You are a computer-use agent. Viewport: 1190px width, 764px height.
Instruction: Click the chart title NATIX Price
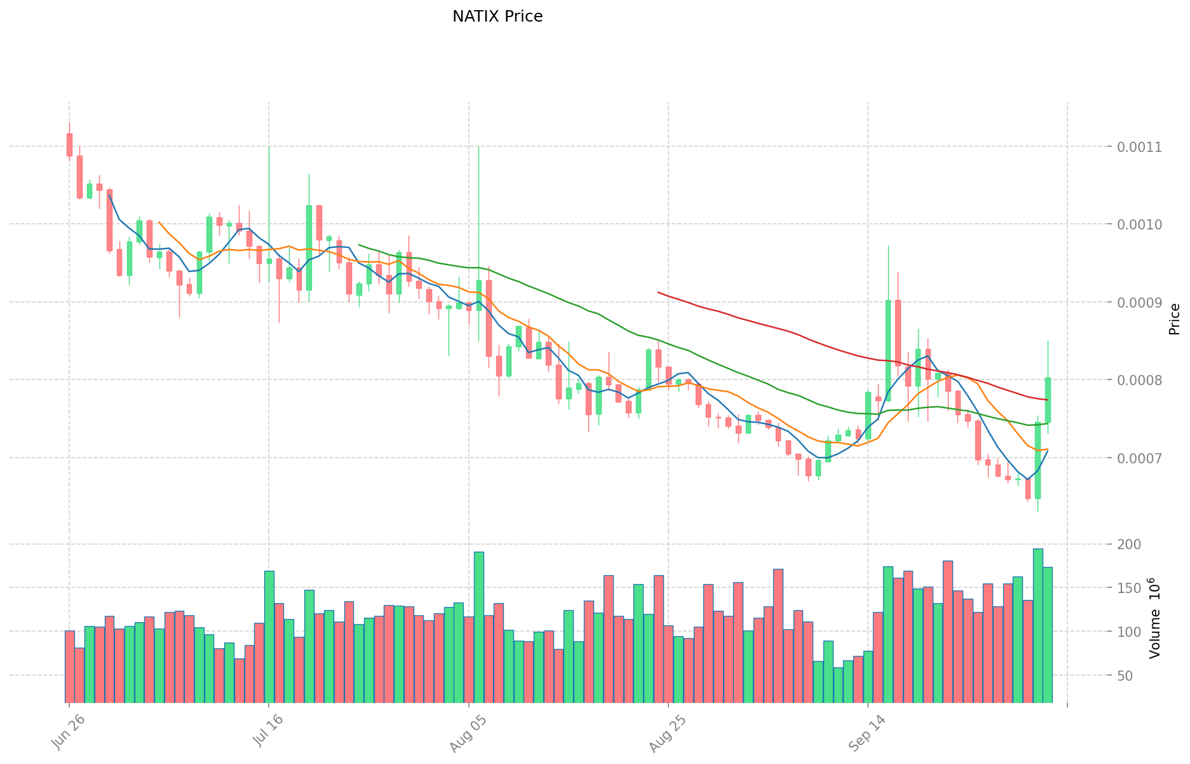[x=497, y=17]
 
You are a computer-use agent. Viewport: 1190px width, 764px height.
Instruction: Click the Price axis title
[x=1174, y=319]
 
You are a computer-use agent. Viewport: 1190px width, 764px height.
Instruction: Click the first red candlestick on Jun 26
[x=69, y=144]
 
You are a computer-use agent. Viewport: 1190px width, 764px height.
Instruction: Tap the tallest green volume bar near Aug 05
[x=478, y=626]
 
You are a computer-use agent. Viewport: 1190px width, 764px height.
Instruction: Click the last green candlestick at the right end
[x=1048, y=400]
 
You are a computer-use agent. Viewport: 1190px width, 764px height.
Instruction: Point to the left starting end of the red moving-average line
[x=658, y=292]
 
